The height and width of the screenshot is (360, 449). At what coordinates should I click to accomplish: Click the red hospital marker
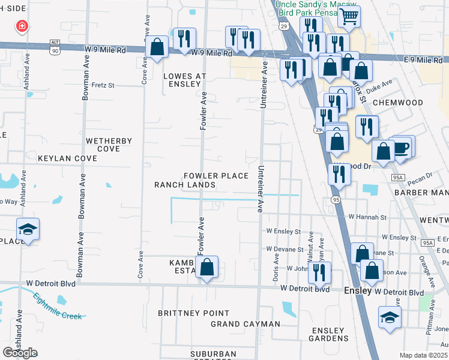[x=22, y=26]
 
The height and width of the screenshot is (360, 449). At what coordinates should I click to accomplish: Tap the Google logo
[x=20, y=352]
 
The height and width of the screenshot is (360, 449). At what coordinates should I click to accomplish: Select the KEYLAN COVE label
[x=67, y=158]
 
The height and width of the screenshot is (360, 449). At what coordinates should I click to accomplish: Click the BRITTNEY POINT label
[x=193, y=313]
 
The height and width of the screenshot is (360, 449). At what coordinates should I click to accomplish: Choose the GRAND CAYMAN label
[x=246, y=324]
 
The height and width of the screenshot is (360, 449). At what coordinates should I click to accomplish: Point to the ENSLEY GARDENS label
[x=328, y=334]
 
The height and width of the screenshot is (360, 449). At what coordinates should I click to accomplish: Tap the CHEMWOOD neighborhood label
[x=394, y=103]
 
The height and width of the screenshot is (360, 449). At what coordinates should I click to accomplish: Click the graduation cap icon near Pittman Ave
[x=390, y=318]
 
